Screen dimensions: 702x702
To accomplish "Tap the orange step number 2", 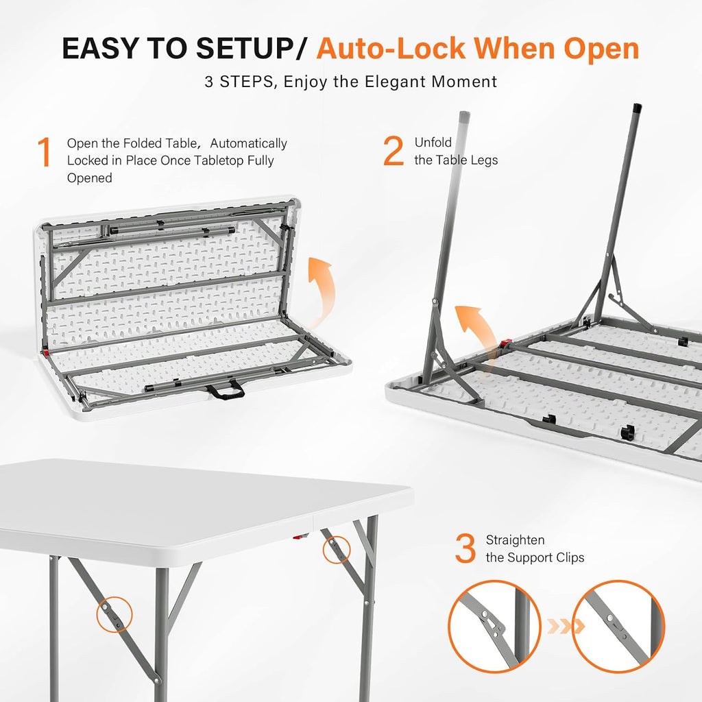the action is pos(394,151).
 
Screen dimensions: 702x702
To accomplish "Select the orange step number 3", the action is pos(465,548).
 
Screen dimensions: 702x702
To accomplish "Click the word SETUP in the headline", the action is pos(245,48).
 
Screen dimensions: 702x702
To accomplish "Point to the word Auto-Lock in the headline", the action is pos(391,48).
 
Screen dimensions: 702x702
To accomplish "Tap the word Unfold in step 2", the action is pos(433,143).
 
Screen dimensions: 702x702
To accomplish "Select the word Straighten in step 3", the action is pos(516,540).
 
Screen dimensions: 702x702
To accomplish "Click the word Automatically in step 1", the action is pos(248,143).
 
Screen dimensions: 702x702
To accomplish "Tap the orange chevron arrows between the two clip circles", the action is pos(566,627).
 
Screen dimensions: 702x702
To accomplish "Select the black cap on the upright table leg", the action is pos(637,109).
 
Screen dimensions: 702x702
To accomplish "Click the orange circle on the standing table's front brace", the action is pos(114,614).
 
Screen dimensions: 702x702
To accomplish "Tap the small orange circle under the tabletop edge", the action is pos(336,550).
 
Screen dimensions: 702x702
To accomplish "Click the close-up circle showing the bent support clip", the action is pos(494,626).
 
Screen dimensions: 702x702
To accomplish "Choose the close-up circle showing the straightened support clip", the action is pos(618,626).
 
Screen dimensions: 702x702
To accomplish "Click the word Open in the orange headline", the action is pos(601,49).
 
